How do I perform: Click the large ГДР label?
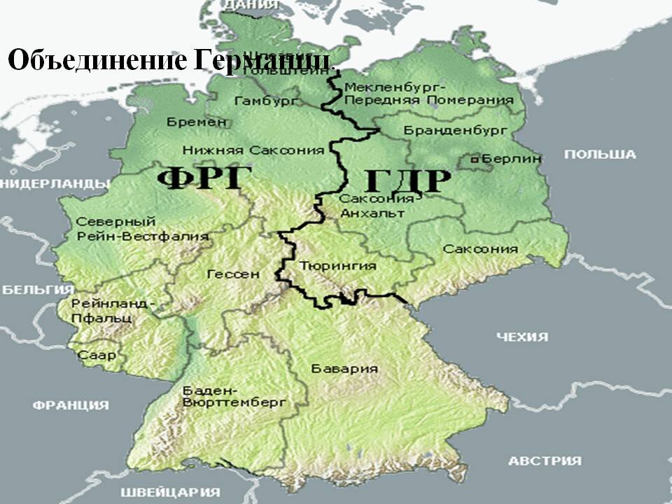(x=407, y=181)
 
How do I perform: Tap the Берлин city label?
(x=512, y=160)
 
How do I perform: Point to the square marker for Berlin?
(x=475, y=160)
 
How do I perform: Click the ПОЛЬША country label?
(x=600, y=155)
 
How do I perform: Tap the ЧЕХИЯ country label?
(x=522, y=337)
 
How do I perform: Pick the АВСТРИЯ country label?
(x=545, y=461)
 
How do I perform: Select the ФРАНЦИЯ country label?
(x=71, y=405)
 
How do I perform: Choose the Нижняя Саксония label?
(x=253, y=150)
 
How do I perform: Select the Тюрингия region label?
(x=337, y=266)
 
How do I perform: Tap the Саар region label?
(x=97, y=356)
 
